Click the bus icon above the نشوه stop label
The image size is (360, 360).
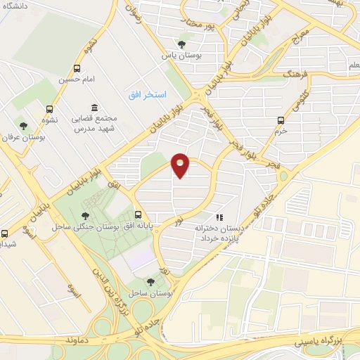point(49,109)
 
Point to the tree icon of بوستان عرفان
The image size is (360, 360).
point(23,125)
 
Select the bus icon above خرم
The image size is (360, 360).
point(281,120)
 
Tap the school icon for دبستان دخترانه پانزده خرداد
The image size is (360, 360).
point(219,217)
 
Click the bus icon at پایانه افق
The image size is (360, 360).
point(138,214)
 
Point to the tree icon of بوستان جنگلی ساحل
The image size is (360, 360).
point(85,217)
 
